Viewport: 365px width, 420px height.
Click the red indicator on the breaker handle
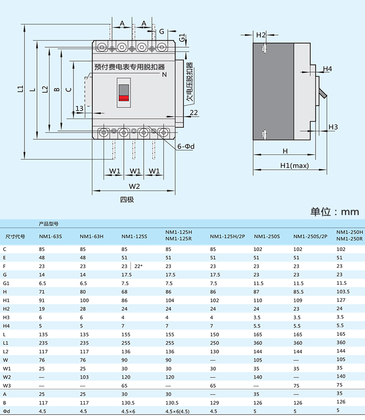coord(124,98)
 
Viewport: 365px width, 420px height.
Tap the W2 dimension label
coord(134,186)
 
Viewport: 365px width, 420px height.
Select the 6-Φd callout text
coord(186,147)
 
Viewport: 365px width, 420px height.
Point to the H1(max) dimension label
coord(294,166)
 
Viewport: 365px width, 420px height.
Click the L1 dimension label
coord(20,89)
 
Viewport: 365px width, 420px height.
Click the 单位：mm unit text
coord(335,212)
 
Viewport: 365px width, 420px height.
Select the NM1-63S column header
coord(50,236)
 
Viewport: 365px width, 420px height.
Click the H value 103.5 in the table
coord(343,291)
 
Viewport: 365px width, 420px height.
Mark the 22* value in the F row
coord(139,266)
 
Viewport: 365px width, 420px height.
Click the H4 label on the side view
coord(327,69)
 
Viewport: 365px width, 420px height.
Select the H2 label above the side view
coord(261,35)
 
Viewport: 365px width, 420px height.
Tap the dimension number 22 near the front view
coord(194,112)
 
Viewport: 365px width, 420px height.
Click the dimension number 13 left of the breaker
coord(79,108)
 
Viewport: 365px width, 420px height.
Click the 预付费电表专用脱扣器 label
coord(129,67)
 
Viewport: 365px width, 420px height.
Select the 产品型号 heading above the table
coord(49,224)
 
